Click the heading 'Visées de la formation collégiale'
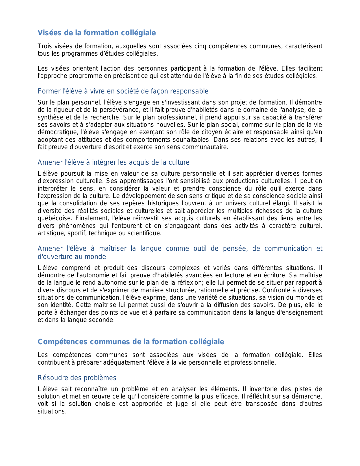point(97,33)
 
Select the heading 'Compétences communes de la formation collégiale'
point(131,342)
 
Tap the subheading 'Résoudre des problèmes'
point(77,378)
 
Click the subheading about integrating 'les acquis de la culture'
point(114,162)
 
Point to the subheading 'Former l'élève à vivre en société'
point(123,91)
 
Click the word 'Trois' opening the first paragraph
point(45,46)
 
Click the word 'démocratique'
point(58,132)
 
